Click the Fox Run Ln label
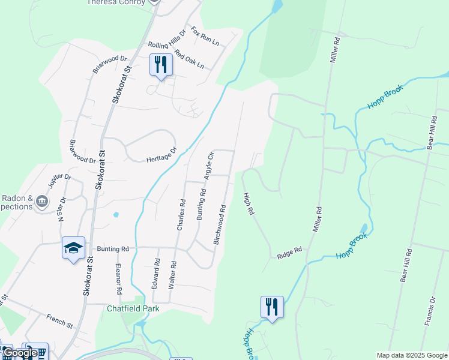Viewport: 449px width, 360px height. pos(205,37)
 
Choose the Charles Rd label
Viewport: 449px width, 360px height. pos(179,213)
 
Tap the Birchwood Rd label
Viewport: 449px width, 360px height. pos(220,225)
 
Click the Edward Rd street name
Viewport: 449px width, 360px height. pos(156,274)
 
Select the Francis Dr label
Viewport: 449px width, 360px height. pos(429,310)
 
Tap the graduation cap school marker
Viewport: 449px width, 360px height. pos(73,248)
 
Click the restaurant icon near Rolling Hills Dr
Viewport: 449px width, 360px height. pos(161,65)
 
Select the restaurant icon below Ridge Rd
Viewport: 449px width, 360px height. pos(272,307)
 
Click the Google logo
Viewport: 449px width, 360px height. pos(20,353)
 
